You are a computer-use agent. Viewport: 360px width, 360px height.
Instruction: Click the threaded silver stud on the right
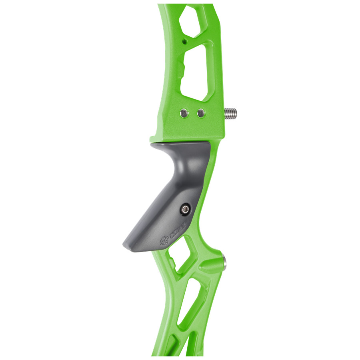point(230,112)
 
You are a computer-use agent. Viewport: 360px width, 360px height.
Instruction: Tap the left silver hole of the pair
point(184,113)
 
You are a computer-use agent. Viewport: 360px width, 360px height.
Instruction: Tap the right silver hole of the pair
point(201,113)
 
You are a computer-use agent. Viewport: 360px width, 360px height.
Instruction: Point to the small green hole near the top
point(184,42)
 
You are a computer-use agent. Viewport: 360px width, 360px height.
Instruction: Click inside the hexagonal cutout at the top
point(192,21)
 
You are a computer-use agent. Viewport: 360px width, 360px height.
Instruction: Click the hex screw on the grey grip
point(185,209)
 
